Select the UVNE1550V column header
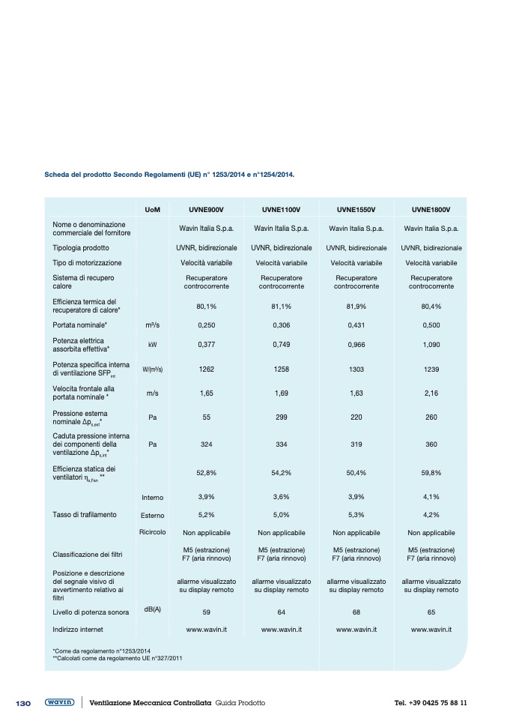pyautogui.click(x=356, y=208)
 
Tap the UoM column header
pyautogui.click(x=152, y=208)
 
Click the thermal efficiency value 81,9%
pyautogui.click(x=356, y=306)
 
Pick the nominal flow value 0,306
pyautogui.click(x=282, y=326)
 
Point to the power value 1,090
pyautogui.click(x=431, y=346)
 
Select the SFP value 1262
pyautogui.click(x=207, y=369)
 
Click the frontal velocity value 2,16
pyautogui.click(x=431, y=392)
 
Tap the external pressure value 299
pyautogui.click(x=282, y=417)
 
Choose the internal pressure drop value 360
pyautogui.click(x=431, y=444)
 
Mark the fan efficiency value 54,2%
pyautogui.click(x=282, y=473)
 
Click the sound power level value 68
pyautogui.click(x=356, y=612)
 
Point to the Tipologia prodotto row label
pyautogui.click(x=81, y=247)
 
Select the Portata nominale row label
pyautogui.click(x=80, y=326)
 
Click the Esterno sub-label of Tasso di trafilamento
pyautogui.click(x=152, y=516)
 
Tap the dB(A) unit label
pyautogui.click(x=152, y=609)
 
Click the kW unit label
pyautogui.click(x=152, y=346)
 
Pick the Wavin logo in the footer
pyautogui.click(x=60, y=702)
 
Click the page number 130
pyautogui.click(x=23, y=703)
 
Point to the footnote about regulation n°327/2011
pyautogui.click(x=118, y=658)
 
